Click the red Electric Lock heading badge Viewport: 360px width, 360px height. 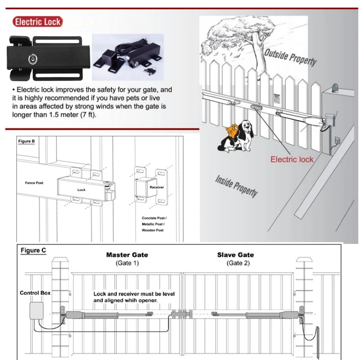coord(37,22)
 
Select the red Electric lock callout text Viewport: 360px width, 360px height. coord(292,159)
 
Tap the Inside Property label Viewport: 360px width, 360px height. coord(237,184)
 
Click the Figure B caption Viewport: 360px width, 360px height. coord(27,141)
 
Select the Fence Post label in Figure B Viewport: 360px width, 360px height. coord(33,184)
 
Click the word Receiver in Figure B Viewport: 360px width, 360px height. coord(157,187)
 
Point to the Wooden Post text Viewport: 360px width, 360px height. coord(153,230)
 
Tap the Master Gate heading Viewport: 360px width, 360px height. coord(127,255)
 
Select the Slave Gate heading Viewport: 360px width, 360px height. coord(235,255)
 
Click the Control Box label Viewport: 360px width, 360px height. coord(35,293)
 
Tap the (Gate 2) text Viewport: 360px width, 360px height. coord(235,263)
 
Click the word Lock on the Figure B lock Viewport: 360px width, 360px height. coord(81,190)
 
